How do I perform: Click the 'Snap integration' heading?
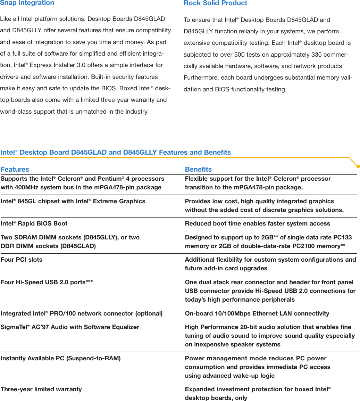point(27,3)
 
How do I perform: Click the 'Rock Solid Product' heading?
point(215,3)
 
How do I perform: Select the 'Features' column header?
point(15,169)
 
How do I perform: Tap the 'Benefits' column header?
point(198,169)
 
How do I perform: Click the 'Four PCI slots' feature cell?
point(22,260)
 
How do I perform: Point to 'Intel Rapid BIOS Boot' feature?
point(34,223)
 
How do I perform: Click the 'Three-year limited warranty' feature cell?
point(41,389)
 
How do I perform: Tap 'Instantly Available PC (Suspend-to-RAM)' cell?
point(61,358)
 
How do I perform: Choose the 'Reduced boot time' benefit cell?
point(257,223)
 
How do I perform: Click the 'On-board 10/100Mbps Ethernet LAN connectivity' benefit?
point(257,313)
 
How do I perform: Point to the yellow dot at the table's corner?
point(358,166)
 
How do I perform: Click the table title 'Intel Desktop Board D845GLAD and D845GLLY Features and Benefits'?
point(116,152)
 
